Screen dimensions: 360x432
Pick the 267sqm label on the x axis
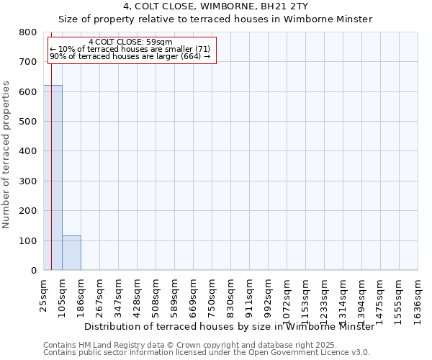pyautogui.click(x=100, y=293)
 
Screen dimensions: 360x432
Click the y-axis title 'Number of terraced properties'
pyautogui.click(x=7, y=155)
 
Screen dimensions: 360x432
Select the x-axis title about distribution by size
pyautogui.click(x=229, y=326)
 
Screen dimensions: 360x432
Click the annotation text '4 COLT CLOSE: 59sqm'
pyautogui.click(x=130, y=42)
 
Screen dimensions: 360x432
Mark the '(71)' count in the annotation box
pyautogui.click(x=202, y=49)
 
